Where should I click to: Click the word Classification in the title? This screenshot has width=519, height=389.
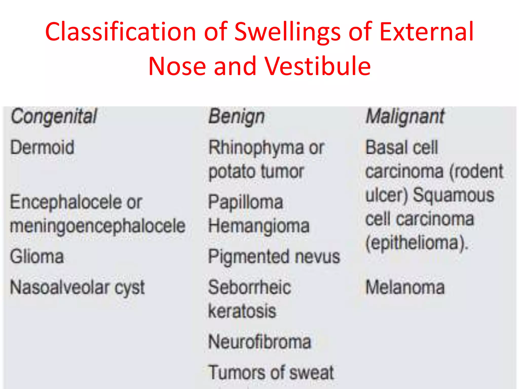click(x=121, y=32)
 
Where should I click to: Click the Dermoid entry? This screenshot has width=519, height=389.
click(x=42, y=147)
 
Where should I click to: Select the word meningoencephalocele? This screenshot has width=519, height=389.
click(x=98, y=226)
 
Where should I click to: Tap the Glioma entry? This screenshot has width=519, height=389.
click(x=37, y=257)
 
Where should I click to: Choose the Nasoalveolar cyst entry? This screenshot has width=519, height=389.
click(x=77, y=288)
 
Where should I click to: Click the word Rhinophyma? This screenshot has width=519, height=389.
click(x=256, y=148)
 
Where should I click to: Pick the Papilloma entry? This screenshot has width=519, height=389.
click(x=245, y=202)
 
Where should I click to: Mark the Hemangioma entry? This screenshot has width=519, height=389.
click(x=259, y=226)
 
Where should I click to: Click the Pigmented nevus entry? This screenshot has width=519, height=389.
click(x=274, y=257)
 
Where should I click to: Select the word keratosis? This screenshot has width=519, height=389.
click(x=242, y=311)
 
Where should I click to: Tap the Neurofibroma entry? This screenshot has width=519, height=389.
click(x=259, y=342)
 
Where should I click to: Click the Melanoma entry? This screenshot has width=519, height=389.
click(x=405, y=287)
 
